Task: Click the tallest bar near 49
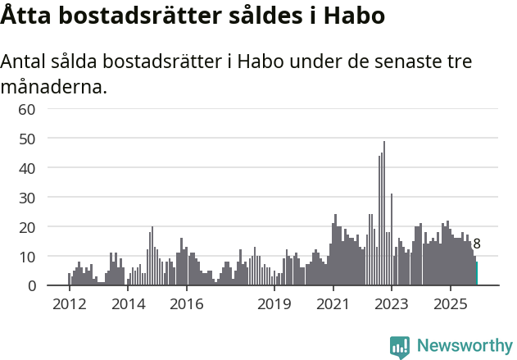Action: [384, 213]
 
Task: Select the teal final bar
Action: [477, 274]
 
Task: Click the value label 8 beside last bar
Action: [477, 244]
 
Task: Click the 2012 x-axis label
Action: [69, 305]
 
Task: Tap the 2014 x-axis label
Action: [128, 305]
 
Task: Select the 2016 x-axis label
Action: [187, 305]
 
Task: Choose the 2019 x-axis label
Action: [274, 305]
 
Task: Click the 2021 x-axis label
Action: [333, 305]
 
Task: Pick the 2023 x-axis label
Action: [392, 305]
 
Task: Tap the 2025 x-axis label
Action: [451, 305]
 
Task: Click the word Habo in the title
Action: [355, 16]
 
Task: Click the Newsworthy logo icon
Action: [400, 346]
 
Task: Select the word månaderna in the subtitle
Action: [54, 86]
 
